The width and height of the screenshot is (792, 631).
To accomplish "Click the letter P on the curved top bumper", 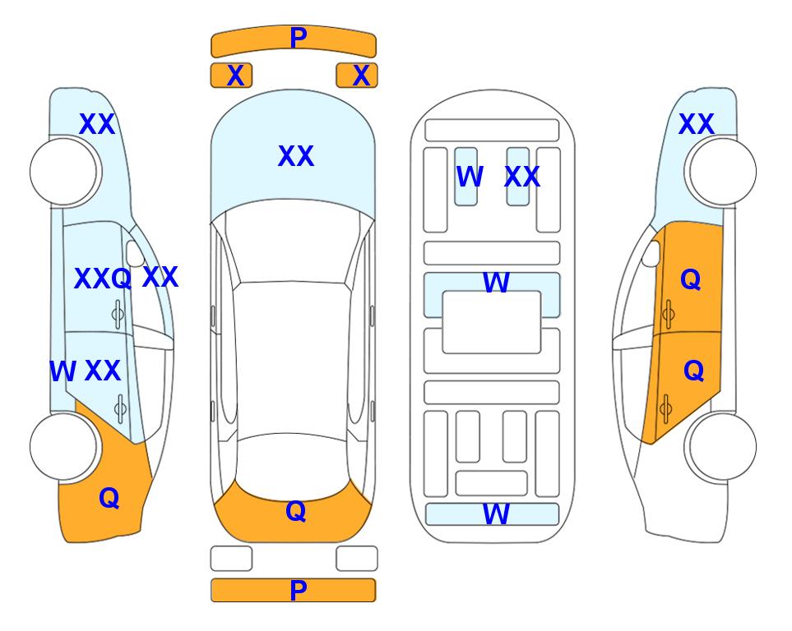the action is [298, 38].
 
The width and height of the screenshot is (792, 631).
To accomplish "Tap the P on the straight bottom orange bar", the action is [298, 590].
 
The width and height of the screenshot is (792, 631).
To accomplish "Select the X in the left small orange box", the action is [235, 76].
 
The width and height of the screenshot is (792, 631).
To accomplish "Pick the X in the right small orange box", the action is [361, 76].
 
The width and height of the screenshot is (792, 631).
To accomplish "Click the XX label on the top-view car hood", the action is [296, 156].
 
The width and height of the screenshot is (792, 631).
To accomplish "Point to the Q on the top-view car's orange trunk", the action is [296, 511].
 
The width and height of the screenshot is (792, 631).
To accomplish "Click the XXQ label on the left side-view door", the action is [103, 279].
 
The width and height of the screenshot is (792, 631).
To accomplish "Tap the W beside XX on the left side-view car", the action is [63, 371].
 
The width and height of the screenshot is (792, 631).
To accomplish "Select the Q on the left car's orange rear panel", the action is [109, 498].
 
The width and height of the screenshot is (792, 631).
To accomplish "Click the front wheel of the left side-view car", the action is [63, 172].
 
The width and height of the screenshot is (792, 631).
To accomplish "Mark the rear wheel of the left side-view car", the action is [63, 447].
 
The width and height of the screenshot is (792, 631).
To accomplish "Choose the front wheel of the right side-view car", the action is [723, 172].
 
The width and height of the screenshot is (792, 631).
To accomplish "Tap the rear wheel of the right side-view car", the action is [723, 447].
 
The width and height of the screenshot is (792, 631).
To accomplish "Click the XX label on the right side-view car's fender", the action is [696, 124].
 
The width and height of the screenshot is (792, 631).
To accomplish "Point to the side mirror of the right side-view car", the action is [651, 253].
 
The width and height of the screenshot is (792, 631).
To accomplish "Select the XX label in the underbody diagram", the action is [522, 177].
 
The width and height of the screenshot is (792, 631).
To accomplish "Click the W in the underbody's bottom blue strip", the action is [496, 514].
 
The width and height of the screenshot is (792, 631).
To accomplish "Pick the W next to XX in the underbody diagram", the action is [470, 177].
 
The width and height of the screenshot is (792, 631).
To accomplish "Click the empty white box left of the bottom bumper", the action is [231, 559].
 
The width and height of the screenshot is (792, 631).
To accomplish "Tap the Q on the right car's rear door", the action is [693, 371].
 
